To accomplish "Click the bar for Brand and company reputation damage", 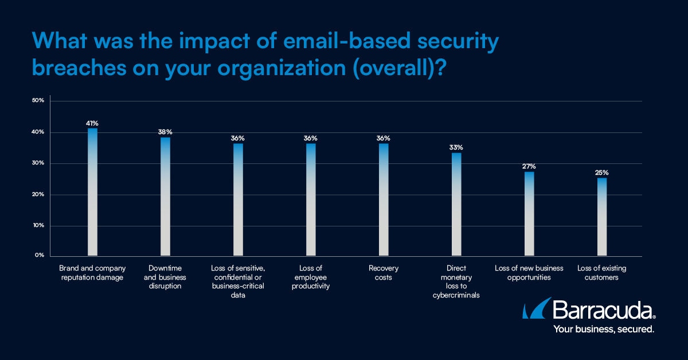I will [x=92, y=192].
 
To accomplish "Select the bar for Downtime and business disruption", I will [x=165, y=197].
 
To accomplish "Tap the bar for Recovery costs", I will [x=384, y=199].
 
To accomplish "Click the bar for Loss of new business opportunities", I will [x=529, y=214].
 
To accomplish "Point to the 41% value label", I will [x=92, y=123].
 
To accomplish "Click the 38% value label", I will [x=165, y=132].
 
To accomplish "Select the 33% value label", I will [x=456, y=147].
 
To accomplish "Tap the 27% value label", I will [x=529, y=166].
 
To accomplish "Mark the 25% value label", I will [x=602, y=173].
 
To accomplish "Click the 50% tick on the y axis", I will [x=38, y=101].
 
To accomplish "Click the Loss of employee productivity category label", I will [x=311, y=277].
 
